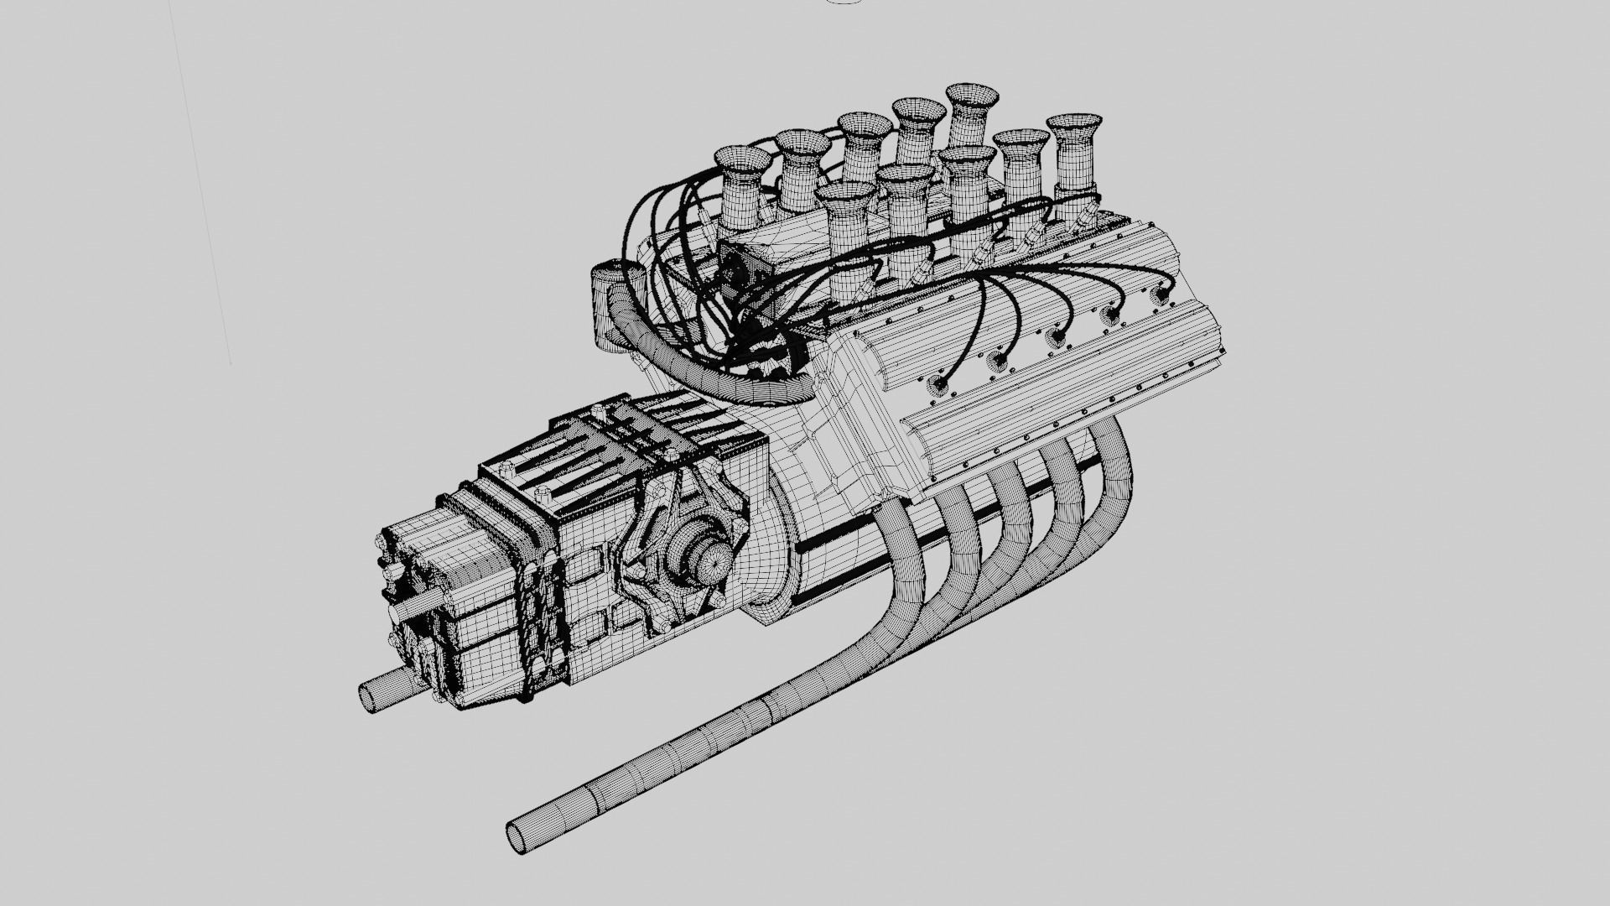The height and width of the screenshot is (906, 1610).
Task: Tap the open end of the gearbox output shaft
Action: (x=370, y=696)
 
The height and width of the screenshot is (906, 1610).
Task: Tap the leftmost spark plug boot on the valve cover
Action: (x=940, y=385)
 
